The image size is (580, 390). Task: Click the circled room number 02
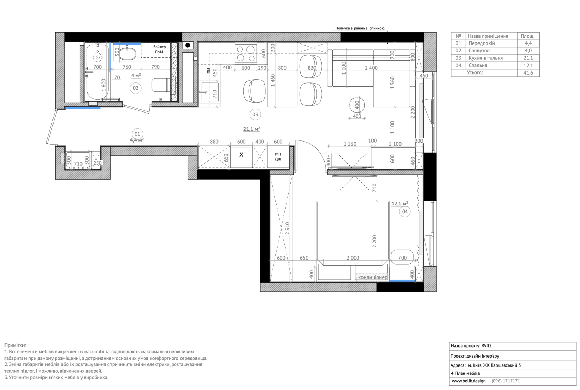(x=135, y=88)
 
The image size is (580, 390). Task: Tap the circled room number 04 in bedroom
(x=405, y=212)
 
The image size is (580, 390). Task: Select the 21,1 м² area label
(x=251, y=129)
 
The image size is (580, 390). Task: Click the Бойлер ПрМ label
(x=159, y=49)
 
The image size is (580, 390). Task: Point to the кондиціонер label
(x=373, y=277)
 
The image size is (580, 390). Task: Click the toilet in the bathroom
(x=160, y=85)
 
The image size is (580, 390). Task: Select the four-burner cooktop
(x=246, y=53)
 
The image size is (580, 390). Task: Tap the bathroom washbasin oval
(x=127, y=52)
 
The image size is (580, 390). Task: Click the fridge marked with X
(x=241, y=157)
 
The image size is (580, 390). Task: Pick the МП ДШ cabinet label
(x=278, y=157)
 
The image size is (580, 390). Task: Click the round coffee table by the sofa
(x=357, y=105)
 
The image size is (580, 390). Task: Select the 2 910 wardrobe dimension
(x=287, y=228)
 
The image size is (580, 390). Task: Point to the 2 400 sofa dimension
(x=371, y=68)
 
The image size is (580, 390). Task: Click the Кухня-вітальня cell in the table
(x=485, y=58)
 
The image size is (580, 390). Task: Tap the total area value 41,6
(x=528, y=73)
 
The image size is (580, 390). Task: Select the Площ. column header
(x=528, y=36)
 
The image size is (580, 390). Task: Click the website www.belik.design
(x=469, y=381)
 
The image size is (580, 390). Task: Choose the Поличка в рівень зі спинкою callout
(x=360, y=28)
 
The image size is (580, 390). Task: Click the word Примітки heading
(x=15, y=345)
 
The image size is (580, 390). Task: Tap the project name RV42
(x=486, y=346)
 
